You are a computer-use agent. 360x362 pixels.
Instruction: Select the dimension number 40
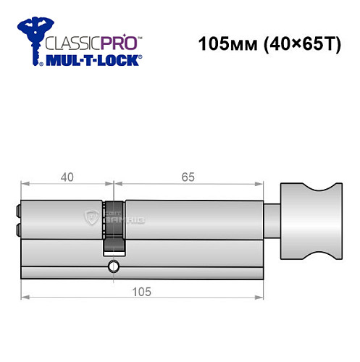66,177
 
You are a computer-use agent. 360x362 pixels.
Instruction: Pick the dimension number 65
188,177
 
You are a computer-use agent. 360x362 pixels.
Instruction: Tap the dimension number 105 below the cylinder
141,291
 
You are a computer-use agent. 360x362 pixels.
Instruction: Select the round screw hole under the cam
112,269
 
